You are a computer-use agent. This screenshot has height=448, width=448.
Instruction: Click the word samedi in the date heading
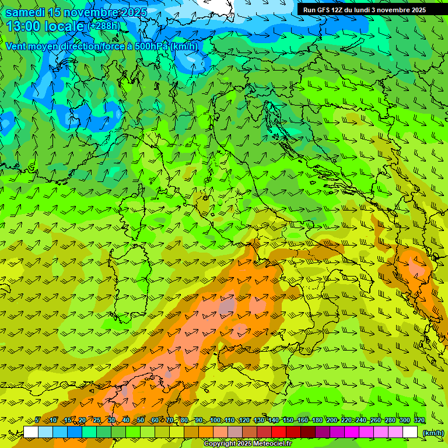click(24, 12)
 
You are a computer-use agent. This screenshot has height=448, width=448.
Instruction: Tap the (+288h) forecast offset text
click(106, 26)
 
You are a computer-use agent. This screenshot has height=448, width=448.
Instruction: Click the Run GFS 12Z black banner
click(365, 10)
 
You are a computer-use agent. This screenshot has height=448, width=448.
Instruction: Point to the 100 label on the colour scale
click(215, 421)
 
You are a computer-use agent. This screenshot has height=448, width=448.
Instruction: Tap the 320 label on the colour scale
click(419, 421)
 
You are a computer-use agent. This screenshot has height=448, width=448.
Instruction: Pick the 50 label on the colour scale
click(141, 421)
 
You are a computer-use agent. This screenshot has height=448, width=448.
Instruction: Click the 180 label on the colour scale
click(317, 421)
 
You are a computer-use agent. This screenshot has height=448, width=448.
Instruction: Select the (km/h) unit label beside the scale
click(433, 433)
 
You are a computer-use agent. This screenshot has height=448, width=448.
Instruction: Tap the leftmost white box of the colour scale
click(31, 432)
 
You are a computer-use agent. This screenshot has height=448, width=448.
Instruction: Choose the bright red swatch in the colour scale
click(279, 432)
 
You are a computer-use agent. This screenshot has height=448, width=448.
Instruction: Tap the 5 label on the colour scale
click(37, 421)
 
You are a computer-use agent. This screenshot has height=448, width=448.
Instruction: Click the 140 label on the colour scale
click(272, 421)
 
